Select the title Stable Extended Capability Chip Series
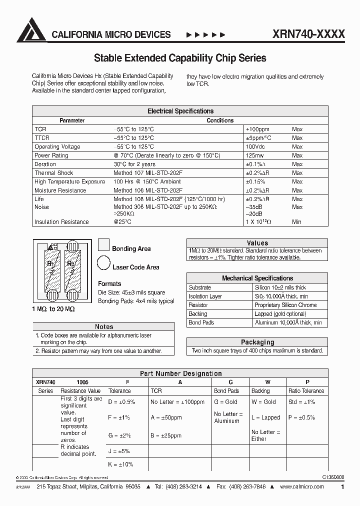click(180, 58)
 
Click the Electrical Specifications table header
click(180, 111)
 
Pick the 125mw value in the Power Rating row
click(255, 155)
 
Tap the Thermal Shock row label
click(53, 173)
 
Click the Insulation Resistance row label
click(61, 222)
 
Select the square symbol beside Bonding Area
click(103, 244)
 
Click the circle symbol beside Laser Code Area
click(103, 262)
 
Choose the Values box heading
click(257, 243)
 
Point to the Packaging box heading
click(257, 342)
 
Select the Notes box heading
click(104, 326)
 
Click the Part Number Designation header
click(180, 373)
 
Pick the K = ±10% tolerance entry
click(120, 464)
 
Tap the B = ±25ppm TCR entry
click(165, 435)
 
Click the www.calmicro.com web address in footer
click(301, 487)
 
